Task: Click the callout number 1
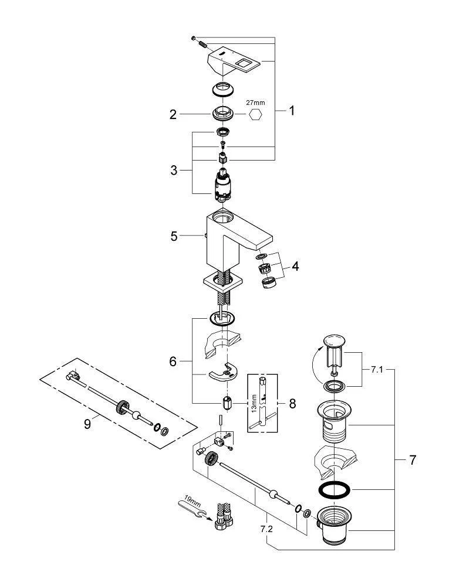tap(292, 111)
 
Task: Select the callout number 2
tap(173, 114)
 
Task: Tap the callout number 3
tap(174, 171)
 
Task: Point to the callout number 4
tap(295, 266)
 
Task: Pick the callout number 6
tap(173, 362)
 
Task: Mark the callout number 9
tap(87, 423)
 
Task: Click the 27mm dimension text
tap(255, 103)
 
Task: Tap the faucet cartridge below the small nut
tap(222, 183)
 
